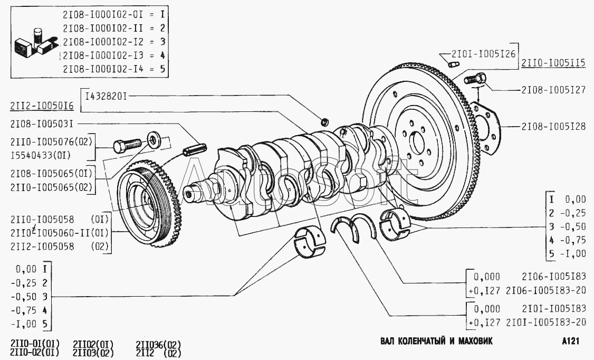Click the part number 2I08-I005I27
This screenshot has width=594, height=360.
[x=553, y=90]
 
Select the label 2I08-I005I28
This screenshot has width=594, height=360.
[x=553, y=127]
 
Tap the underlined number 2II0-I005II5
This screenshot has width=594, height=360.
[x=553, y=63]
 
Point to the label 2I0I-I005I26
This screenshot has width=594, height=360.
[x=483, y=53]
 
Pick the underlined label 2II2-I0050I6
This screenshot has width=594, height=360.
[x=41, y=107]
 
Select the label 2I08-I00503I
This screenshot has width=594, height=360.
[x=41, y=124]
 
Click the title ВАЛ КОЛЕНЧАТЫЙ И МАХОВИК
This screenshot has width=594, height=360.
[x=436, y=341]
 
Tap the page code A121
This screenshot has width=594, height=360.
[x=571, y=341]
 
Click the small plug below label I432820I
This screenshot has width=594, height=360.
[x=326, y=122]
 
